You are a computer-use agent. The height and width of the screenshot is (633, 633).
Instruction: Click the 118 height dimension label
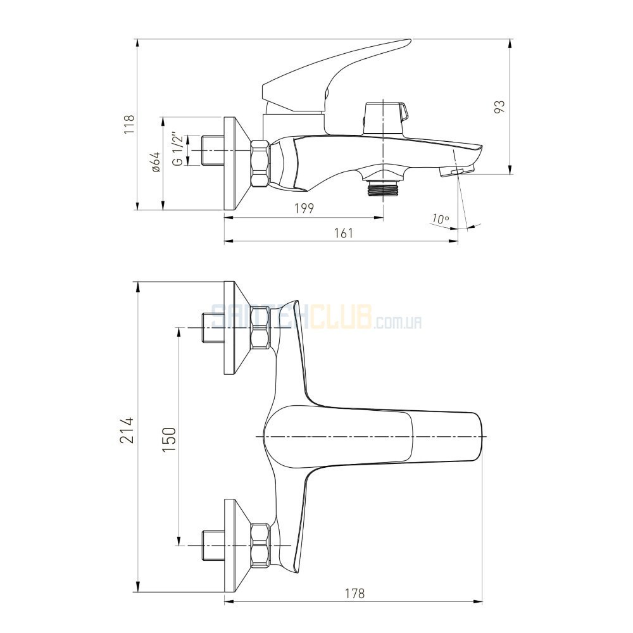pos(129,124)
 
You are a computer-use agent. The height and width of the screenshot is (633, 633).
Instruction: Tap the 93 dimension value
pos(500,106)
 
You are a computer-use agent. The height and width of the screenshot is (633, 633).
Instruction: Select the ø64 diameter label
pos(156,162)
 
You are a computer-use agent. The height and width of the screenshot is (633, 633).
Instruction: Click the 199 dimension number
pos(304,208)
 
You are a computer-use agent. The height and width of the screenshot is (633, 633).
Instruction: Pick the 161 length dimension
pos(344,233)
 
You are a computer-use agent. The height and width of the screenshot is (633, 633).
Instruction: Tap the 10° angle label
pos(440,219)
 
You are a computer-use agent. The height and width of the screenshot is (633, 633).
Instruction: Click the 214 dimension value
pos(127,430)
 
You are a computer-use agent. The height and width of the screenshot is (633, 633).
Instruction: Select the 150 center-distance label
pos(169,440)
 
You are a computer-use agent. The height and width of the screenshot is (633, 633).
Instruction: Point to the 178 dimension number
pos(355,593)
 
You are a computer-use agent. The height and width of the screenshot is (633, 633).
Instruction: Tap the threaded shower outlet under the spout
pos(383,188)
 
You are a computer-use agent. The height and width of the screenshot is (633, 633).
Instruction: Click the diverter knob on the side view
pos(385,118)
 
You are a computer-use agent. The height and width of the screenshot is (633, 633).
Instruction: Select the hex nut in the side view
pos(260,163)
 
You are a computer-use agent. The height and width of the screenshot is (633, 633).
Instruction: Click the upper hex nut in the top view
pos(260,327)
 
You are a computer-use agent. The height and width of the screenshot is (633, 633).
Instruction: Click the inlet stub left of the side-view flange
pos(212,151)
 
